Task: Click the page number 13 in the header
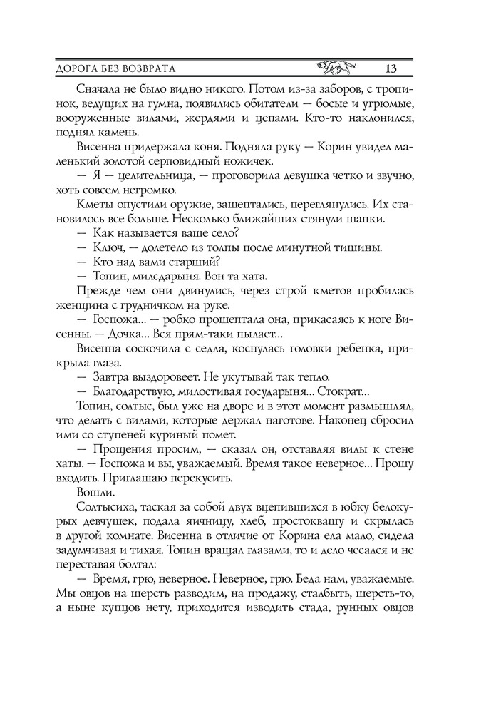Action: (390, 69)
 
